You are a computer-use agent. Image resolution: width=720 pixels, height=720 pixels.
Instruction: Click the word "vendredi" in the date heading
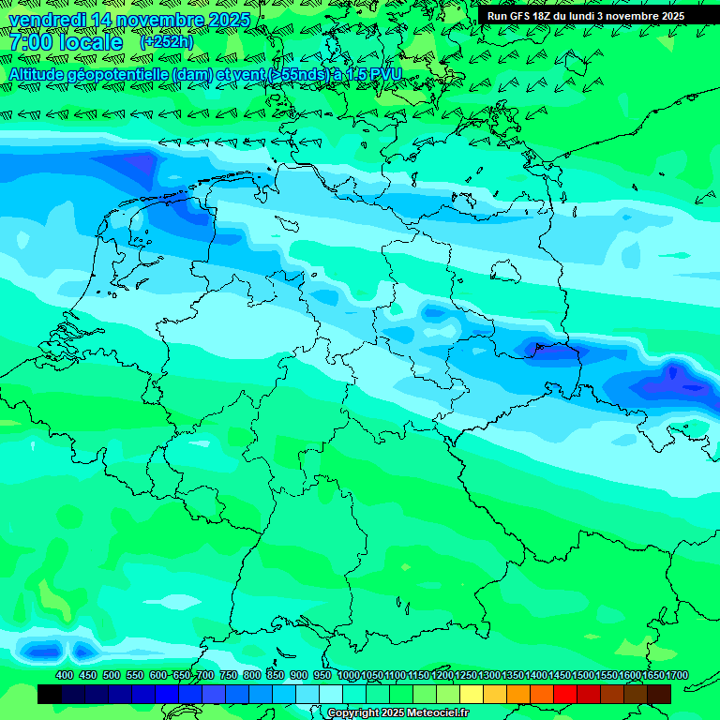point(48,20)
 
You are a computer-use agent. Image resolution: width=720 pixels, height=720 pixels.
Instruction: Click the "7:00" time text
point(32,42)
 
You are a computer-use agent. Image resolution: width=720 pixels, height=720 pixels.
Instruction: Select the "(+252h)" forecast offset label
point(167,42)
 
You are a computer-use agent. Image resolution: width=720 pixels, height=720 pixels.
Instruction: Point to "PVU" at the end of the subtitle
point(386,74)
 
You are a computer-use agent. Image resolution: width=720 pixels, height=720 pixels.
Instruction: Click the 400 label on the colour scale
point(65,675)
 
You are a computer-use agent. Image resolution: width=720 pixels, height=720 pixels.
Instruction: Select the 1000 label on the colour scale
point(349,675)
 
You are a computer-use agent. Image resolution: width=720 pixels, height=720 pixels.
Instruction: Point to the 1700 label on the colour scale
point(677,675)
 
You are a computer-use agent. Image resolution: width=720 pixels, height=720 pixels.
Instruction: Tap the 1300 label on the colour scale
point(489,675)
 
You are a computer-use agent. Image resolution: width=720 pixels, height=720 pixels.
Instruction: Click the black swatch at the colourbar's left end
point(50,694)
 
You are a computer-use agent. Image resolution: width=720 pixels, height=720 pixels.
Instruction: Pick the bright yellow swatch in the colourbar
point(472,694)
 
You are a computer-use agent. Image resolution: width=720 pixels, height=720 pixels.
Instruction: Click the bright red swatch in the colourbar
point(565,694)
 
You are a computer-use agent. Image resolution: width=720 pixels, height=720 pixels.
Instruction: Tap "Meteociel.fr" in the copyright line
point(436,713)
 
